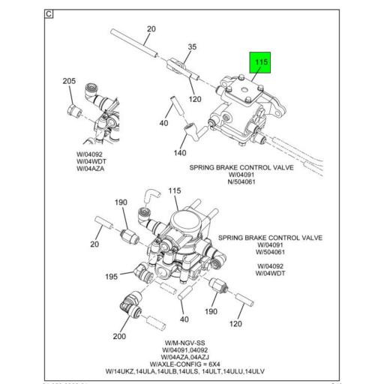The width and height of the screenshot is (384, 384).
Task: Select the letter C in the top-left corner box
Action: [49, 13]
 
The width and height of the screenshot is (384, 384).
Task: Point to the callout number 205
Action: [69, 82]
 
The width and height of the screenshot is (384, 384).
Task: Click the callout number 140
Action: [180, 152]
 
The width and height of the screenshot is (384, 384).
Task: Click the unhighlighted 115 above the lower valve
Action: [175, 192]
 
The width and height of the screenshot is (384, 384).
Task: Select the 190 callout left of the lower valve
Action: [121, 202]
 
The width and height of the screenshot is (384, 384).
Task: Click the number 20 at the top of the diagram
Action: [151, 28]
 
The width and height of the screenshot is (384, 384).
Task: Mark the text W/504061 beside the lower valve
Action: [273, 253]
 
